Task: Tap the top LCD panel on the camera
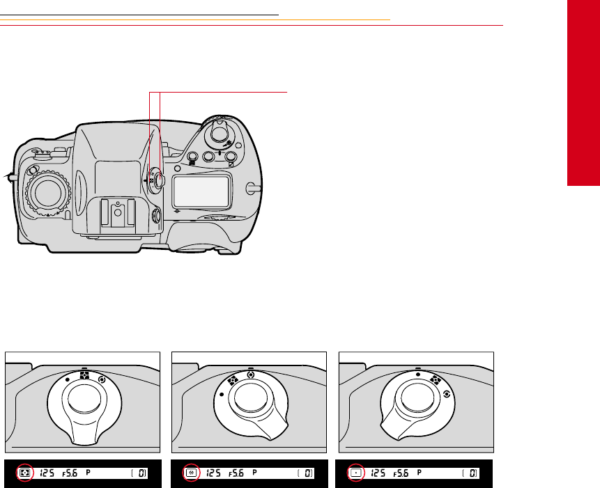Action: (x=201, y=190)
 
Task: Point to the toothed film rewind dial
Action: (x=48, y=194)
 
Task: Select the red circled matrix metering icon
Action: (x=25, y=473)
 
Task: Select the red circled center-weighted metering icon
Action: (x=191, y=473)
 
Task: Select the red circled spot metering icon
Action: (x=356, y=473)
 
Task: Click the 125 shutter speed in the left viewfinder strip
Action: (x=47, y=473)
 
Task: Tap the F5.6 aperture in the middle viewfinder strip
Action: (x=236, y=473)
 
